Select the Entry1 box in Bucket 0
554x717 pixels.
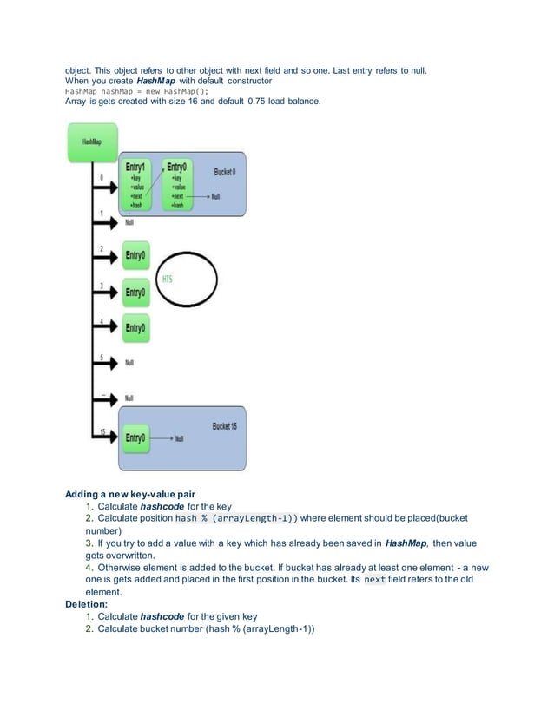coord(137,184)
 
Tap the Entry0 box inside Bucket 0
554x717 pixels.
coord(178,184)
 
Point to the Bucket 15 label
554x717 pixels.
coord(224,426)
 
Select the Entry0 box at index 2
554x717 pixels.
coord(135,255)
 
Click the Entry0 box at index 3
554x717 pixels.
coord(135,293)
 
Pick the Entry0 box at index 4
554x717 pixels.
coord(135,327)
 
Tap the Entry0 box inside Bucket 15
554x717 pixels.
coord(135,438)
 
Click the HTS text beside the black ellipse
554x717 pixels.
coord(168,280)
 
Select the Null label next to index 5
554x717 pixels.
coord(129,363)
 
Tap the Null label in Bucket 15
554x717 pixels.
coord(180,439)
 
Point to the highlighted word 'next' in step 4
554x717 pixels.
coord(374,579)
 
